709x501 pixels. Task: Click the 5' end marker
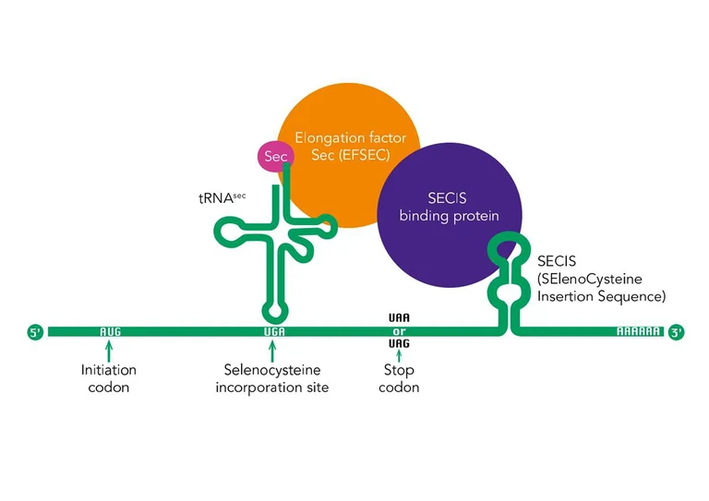(36, 331)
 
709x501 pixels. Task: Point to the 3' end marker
(676, 331)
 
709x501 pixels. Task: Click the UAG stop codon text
(399, 344)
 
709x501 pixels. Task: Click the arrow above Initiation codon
(110, 350)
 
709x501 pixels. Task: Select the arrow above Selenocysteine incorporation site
(272, 350)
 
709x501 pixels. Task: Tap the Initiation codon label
(109, 378)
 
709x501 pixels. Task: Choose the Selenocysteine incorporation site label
(272, 378)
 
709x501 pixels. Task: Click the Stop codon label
(399, 378)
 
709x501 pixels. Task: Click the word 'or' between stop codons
(399, 331)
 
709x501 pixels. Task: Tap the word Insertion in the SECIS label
(565, 297)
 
